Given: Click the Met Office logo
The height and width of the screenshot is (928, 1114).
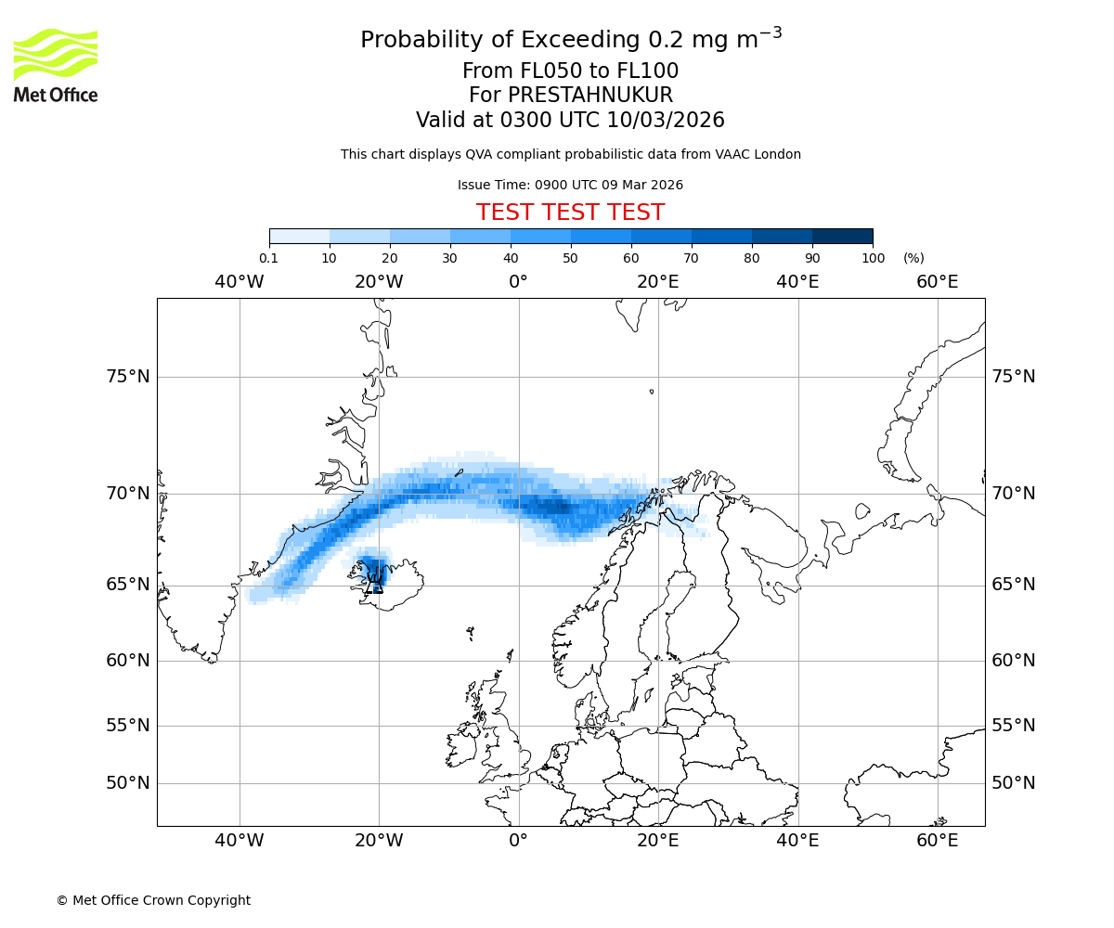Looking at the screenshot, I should (x=56, y=65).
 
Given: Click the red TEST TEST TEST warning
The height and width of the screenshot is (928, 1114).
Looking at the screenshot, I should (x=570, y=213).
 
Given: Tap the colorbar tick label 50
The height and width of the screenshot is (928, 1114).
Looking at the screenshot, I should (x=570, y=258).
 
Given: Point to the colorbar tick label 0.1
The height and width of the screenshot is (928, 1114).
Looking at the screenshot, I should (x=268, y=258).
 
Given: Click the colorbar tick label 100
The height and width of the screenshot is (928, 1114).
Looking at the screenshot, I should (x=873, y=258).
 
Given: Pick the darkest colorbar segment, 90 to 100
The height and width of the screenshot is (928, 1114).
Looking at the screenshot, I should (x=842, y=236).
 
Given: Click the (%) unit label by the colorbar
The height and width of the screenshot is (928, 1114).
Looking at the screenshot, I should (x=913, y=258).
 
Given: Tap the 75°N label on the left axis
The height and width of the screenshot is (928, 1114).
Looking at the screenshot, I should (x=127, y=376).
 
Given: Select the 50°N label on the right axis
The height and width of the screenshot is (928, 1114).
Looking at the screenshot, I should (x=1013, y=782).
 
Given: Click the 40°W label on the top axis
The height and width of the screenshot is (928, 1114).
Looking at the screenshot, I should (x=239, y=282).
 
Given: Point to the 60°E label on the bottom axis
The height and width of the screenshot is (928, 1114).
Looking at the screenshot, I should (x=937, y=841).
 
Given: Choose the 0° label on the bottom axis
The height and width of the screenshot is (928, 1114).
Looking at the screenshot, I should (x=518, y=841).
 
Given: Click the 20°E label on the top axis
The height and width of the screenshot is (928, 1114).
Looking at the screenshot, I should (x=658, y=282).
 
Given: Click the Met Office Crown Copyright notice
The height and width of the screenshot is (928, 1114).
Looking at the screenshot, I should (x=153, y=900).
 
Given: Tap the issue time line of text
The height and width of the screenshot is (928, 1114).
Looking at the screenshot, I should (x=570, y=185).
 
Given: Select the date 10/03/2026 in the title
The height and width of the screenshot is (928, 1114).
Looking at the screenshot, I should (x=666, y=121).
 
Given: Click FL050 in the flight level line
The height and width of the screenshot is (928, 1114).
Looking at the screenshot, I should (x=542, y=71).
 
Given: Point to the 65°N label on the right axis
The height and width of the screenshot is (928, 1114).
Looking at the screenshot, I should (x=1013, y=585).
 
